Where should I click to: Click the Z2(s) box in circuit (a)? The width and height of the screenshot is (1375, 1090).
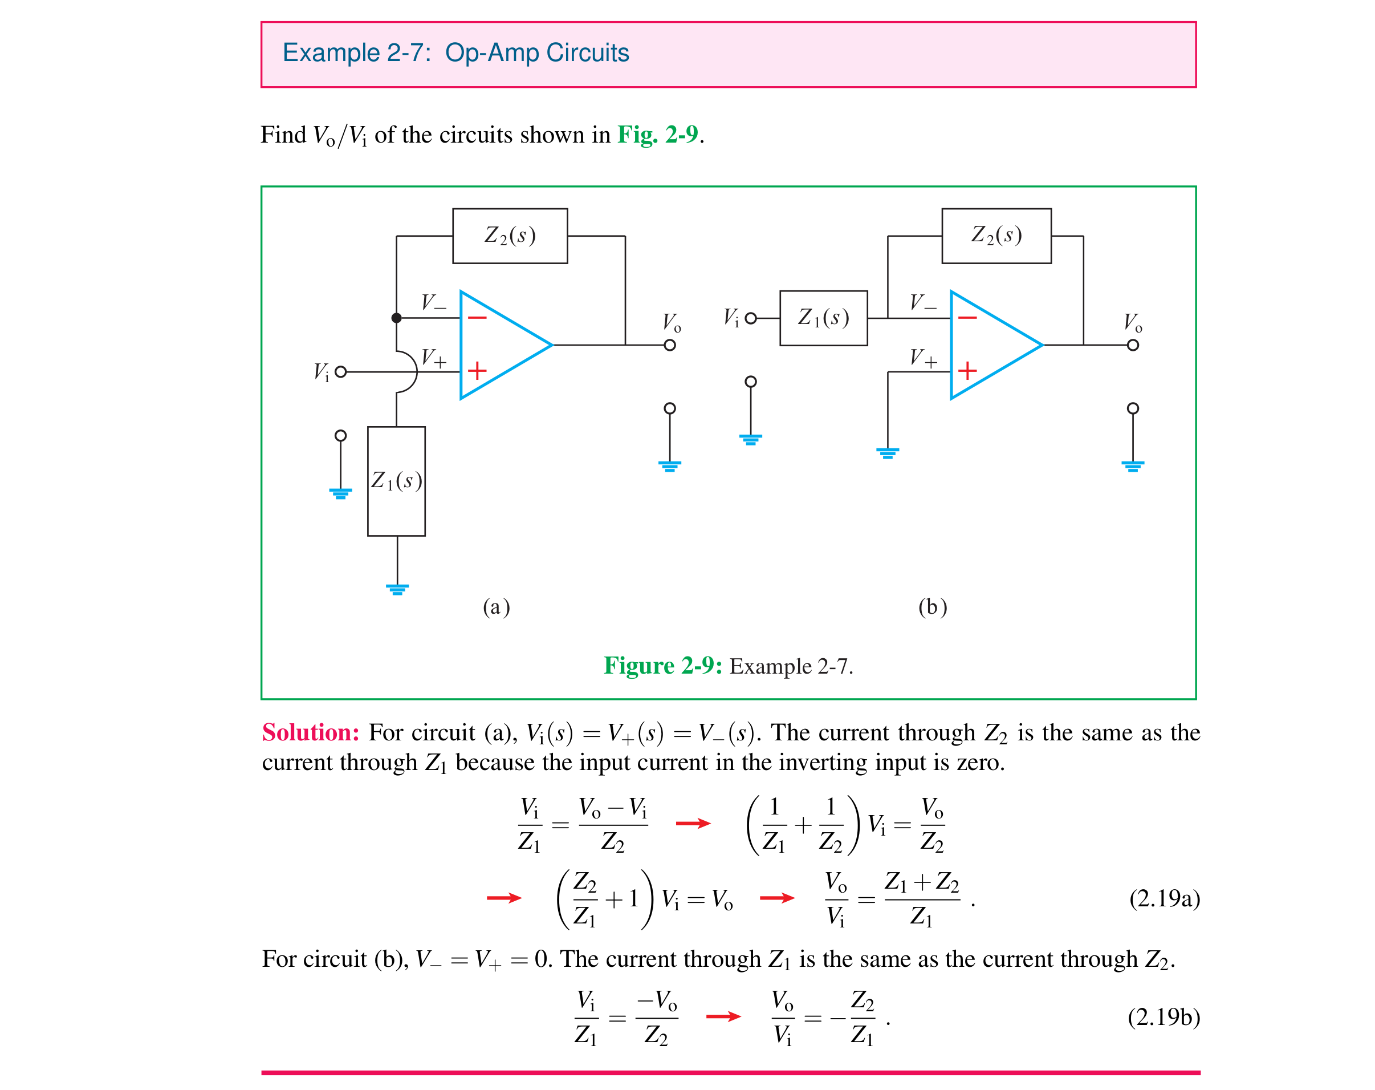[510, 236]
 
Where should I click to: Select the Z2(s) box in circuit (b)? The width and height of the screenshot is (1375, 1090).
[996, 236]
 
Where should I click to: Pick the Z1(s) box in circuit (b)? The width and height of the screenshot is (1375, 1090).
[823, 318]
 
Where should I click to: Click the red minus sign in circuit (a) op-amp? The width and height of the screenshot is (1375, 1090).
[477, 317]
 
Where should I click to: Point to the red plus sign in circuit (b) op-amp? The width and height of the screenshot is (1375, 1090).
[967, 371]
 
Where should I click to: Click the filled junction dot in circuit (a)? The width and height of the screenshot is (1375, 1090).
[396, 318]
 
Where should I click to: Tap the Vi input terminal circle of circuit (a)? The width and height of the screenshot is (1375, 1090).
[340, 371]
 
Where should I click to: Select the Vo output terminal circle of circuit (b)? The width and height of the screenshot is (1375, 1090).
[1133, 345]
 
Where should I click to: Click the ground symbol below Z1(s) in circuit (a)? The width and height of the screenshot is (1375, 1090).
[397, 589]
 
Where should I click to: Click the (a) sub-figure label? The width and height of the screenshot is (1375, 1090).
[496, 607]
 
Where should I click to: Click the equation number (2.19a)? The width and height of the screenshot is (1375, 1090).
[1165, 898]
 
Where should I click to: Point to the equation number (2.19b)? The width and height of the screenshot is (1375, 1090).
[1164, 1016]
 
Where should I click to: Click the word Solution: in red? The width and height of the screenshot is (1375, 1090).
[311, 732]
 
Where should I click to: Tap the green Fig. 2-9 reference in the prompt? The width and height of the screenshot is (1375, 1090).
[657, 135]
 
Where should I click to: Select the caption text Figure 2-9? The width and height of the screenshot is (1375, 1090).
[662, 666]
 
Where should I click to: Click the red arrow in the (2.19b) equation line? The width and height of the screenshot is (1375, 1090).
[723, 1016]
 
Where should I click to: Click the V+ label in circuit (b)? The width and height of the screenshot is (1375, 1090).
[923, 358]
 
